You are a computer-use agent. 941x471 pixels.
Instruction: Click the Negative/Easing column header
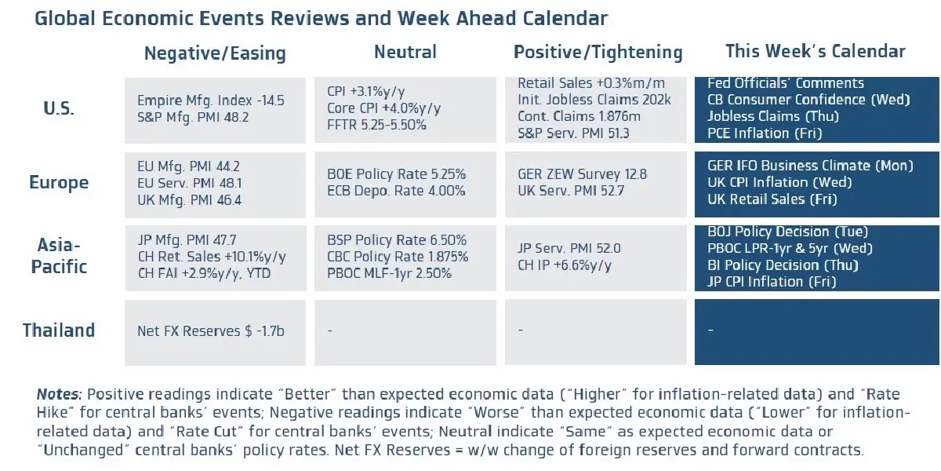click(215, 53)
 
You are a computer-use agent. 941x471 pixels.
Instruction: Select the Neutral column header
click(405, 52)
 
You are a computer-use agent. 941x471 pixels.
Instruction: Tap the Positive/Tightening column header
click(598, 53)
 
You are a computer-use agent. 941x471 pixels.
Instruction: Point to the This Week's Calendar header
click(816, 51)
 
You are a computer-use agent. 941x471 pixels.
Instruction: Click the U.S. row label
click(59, 108)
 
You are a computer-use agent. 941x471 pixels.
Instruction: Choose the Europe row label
click(59, 183)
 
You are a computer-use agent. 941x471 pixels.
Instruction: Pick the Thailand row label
click(59, 330)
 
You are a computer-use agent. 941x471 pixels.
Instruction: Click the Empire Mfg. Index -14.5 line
click(211, 100)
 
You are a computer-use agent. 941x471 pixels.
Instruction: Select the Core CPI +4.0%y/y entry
click(384, 108)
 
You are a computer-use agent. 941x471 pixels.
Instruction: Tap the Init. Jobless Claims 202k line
click(594, 100)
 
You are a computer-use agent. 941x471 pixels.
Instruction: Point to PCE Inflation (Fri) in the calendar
click(765, 133)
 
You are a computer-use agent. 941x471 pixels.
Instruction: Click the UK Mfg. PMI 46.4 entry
click(190, 200)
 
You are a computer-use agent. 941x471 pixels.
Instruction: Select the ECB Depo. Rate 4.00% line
click(396, 191)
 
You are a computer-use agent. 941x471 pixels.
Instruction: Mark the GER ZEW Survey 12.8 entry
click(582, 174)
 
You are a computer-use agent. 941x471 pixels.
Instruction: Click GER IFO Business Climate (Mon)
click(810, 166)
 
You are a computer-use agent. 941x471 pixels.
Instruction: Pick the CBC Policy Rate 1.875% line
click(398, 257)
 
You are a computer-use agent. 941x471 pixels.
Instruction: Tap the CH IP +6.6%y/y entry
click(565, 265)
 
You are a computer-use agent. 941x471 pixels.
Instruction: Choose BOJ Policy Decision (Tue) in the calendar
click(787, 232)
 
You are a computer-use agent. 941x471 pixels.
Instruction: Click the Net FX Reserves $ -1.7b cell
click(211, 331)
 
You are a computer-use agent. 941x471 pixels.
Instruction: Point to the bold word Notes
click(59, 394)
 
